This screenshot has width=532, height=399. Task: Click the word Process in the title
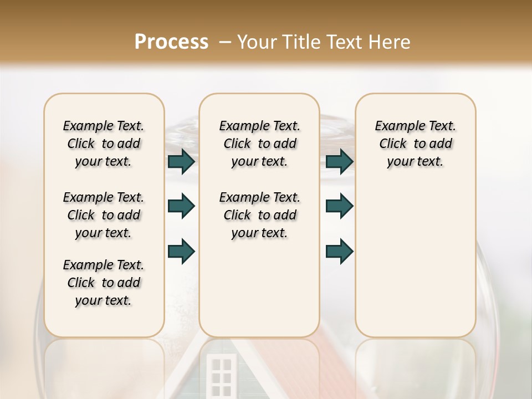(171, 42)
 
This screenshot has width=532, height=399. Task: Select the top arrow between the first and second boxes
(181, 162)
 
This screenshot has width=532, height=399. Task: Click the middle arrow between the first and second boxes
(181, 207)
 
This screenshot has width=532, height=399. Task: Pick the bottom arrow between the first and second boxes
(181, 252)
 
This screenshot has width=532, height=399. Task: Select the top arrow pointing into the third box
(339, 162)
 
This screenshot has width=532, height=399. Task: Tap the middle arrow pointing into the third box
(339, 207)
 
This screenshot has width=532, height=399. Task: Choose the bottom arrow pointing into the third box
(339, 252)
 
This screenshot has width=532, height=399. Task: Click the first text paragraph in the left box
(104, 144)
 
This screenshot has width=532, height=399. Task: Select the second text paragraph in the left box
(104, 215)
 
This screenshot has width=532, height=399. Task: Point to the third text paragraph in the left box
(104, 283)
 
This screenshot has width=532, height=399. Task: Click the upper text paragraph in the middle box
(259, 144)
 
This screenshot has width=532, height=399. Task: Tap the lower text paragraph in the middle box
(259, 215)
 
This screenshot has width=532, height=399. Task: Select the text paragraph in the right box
(415, 144)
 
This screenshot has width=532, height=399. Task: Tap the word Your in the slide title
(257, 42)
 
